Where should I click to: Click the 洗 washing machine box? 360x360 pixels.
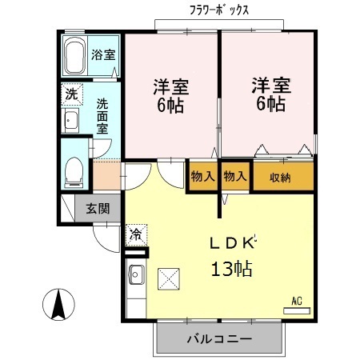(70, 94)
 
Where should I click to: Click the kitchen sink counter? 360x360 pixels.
(135, 279)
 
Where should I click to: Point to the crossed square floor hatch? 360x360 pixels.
(170, 279)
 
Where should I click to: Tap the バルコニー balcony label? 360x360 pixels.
(218, 339)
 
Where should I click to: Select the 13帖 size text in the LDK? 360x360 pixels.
(231, 269)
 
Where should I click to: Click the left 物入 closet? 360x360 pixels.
(202, 177)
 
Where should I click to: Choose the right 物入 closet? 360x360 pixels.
(236, 177)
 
